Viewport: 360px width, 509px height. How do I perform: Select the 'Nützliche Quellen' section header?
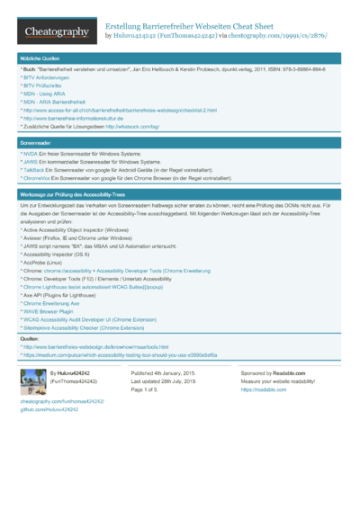(40, 58)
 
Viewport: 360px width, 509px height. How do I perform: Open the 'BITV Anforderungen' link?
(45, 77)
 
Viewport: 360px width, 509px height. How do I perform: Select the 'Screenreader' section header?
(36, 143)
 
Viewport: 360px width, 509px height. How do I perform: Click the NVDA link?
(29, 154)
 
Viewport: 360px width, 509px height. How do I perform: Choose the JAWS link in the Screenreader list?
(30, 162)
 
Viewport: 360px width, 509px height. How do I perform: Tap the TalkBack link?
(33, 170)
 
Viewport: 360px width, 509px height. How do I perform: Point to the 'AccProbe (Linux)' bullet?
(49, 262)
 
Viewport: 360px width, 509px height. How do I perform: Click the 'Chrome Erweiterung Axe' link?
(55, 303)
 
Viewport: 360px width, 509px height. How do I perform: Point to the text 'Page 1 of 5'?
(148, 389)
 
